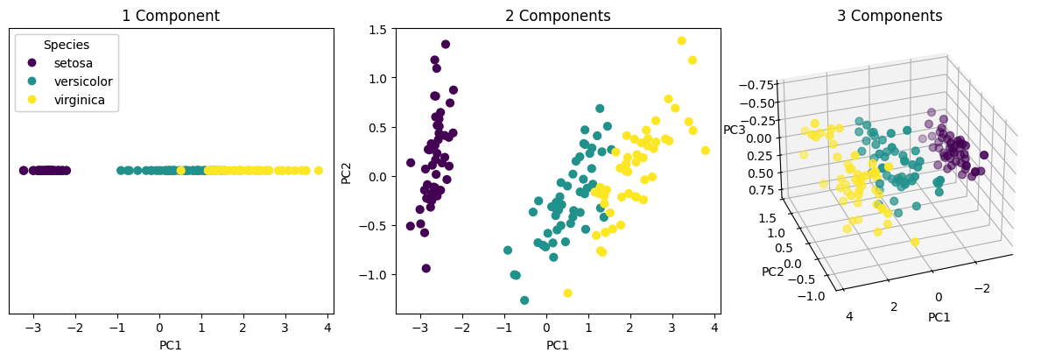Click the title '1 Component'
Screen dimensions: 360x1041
(171, 16)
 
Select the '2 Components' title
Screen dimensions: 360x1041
(558, 16)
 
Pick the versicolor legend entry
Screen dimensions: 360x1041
(83, 81)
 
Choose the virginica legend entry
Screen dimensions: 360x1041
(80, 100)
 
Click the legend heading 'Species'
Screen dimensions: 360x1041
(67, 45)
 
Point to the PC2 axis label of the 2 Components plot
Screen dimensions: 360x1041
(347, 171)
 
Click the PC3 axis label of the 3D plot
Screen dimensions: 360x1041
(734, 130)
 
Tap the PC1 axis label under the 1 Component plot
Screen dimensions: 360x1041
(171, 345)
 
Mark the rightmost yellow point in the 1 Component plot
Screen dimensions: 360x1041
(318, 171)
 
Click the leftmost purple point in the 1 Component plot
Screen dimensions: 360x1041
(24, 171)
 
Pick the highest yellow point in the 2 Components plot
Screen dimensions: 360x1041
(681, 40)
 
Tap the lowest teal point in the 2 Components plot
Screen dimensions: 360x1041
(524, 300)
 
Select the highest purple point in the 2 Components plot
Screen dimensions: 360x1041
(445, 44)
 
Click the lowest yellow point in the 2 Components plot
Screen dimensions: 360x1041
(567, 293)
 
